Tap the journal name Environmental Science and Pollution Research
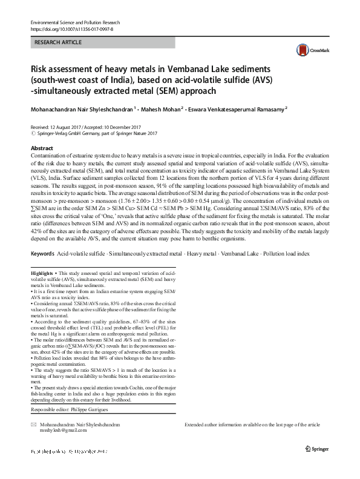coord(80,22)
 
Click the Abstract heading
coord(41,148)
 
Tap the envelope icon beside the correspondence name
coord(34,425)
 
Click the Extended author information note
coord(252,425)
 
